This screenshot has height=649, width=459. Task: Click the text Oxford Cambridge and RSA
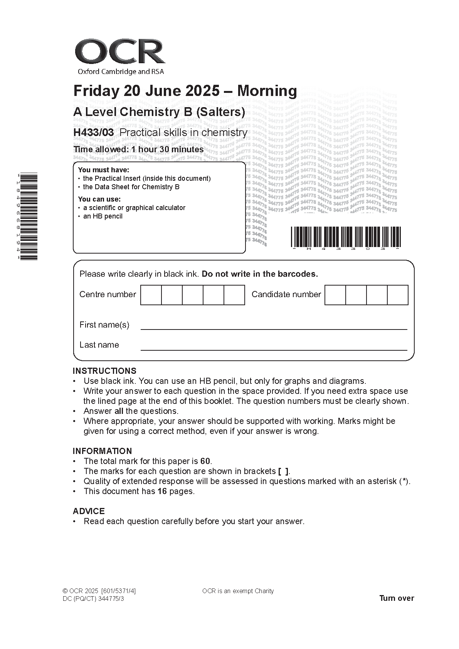point(121,71)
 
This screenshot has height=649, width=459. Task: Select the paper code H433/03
point(94,133)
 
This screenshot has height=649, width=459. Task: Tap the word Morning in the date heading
point(267,91)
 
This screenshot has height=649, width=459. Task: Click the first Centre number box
point(151,295)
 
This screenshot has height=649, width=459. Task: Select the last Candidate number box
point(397,295)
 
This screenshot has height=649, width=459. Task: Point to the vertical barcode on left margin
point(29,217)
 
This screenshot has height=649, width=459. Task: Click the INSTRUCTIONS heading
point(104,371)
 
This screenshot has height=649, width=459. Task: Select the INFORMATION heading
point(102,451)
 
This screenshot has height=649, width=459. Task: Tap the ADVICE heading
point(89,511)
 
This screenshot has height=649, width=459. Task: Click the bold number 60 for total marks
point(205,461)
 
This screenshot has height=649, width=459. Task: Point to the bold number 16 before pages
point(162,491)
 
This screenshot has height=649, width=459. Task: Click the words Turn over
point(397,598)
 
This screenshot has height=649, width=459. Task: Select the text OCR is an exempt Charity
point(238,591)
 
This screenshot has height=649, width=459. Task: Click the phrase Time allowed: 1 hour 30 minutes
point(139,150)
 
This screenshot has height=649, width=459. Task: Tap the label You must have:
point(104,170)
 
